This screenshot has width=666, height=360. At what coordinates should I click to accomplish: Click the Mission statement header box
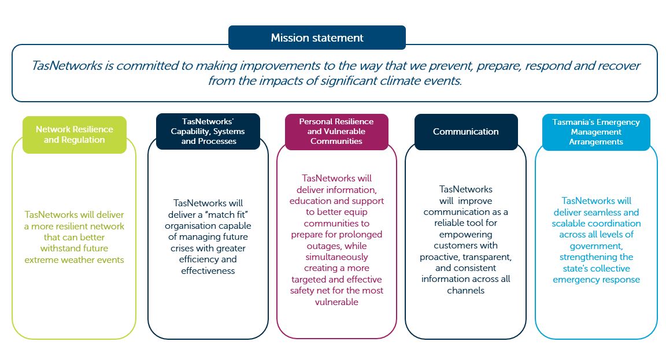tap(317, 38)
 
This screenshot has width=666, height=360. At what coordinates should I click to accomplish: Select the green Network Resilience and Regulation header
tap(75, 135)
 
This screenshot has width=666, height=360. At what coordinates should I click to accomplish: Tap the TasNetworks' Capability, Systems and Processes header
tap(208, 131)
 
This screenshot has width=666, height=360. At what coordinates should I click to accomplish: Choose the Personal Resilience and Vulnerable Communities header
tap(336, 132)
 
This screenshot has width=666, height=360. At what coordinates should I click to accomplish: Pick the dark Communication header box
tap(466, 132)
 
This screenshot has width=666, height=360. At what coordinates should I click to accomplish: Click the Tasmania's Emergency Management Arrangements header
tap(596, 132)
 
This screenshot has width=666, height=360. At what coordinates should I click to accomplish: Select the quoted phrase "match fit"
tap(225, 214)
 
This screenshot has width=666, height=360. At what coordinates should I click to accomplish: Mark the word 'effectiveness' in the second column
tap(208, 271)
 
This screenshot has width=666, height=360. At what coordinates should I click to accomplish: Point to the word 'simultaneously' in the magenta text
tap(337, 257)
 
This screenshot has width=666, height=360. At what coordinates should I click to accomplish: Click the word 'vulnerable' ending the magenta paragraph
tap(336, 302)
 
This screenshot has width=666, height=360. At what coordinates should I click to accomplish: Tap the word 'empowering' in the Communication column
tap(465, 235)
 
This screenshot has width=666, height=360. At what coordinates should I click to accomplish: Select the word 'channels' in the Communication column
tap(465, 291)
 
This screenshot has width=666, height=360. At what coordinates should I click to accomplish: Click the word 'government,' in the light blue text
tap(596, 246)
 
